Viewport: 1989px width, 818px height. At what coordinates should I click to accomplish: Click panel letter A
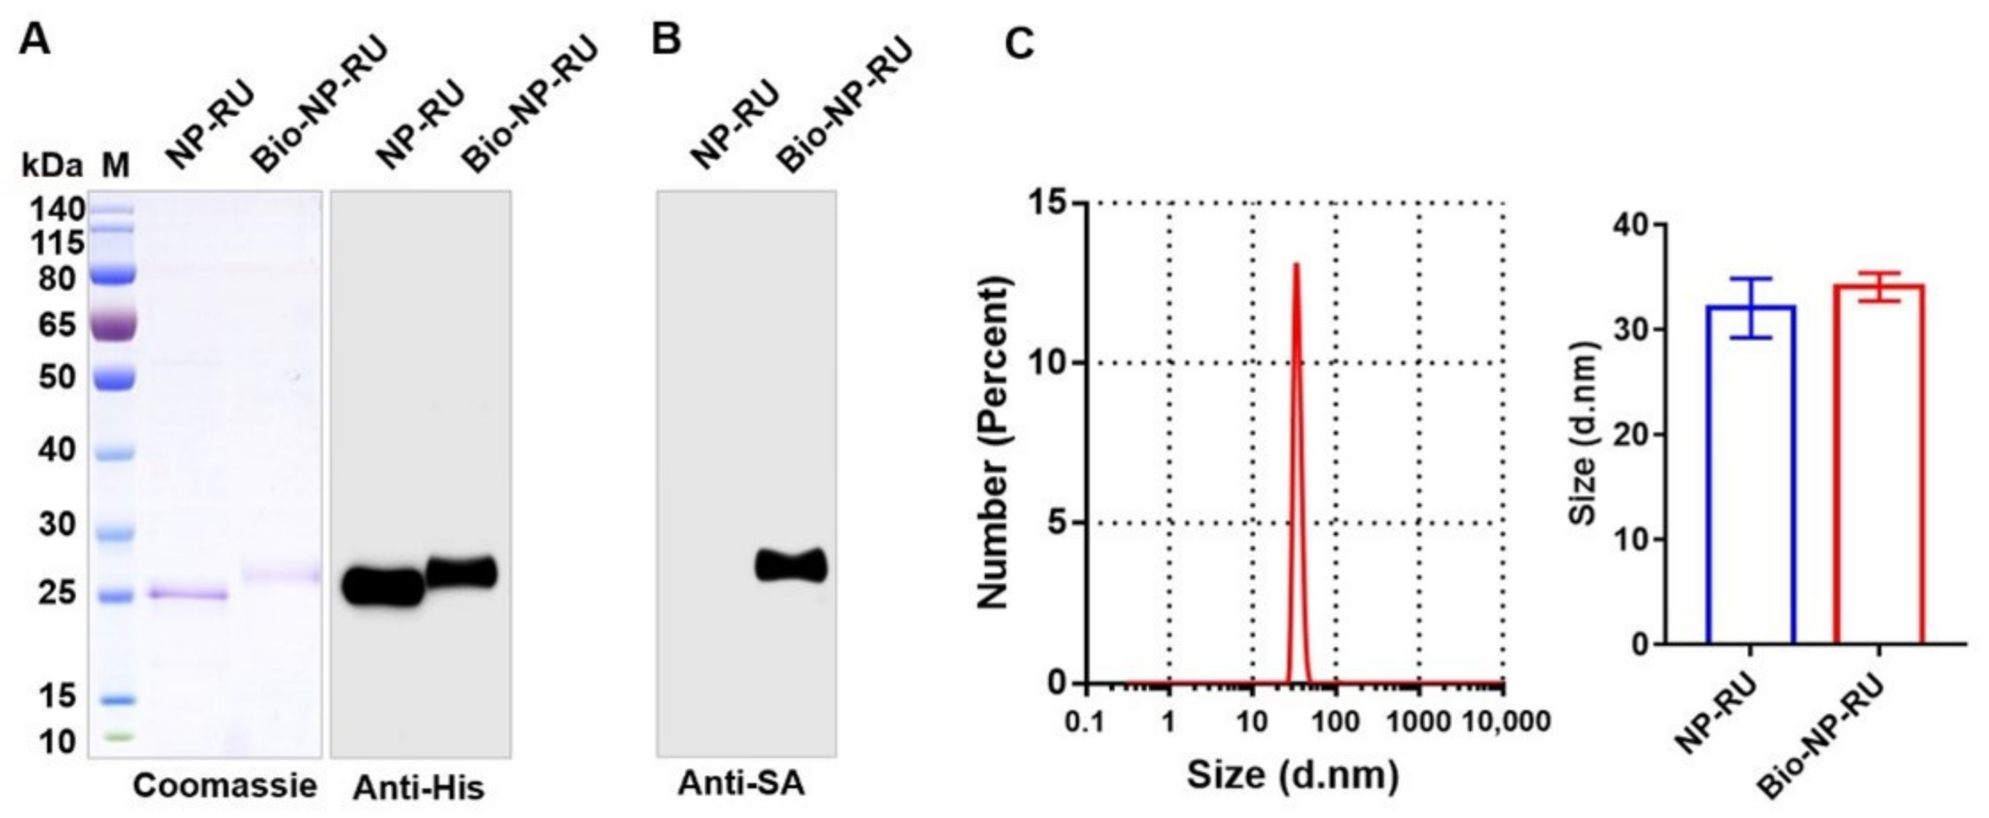tap(34, 38)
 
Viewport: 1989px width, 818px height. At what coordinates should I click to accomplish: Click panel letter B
tap(667, 38)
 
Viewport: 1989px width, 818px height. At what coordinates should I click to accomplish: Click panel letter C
tap(1019, 42)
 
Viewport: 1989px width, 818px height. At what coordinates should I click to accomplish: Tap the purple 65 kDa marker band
tap(114, 325)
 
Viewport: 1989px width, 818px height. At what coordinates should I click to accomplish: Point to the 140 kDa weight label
tap(57, 211)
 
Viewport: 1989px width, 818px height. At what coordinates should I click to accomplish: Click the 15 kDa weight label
tap(57, 696)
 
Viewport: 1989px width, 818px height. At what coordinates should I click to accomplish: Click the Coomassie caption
tap(225, 786)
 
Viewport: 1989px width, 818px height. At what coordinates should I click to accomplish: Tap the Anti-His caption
tap(418, 788)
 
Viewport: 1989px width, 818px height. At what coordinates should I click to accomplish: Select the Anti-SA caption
tap(741, 784)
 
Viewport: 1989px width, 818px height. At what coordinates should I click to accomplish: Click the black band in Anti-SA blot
tap(790, 565)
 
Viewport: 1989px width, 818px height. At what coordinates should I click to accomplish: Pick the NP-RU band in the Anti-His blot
tap(382, 587)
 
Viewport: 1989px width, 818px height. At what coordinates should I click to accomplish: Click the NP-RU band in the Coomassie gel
tap(188, 593)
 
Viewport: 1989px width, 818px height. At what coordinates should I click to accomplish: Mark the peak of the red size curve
tap(1296, 265)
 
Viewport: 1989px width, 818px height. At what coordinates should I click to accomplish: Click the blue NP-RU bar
tap(1750, 474)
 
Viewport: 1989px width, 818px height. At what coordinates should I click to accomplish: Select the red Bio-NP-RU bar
tap(1879, 466)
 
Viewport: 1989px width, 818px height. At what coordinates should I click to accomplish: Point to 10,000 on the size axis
tap(1504, 722)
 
